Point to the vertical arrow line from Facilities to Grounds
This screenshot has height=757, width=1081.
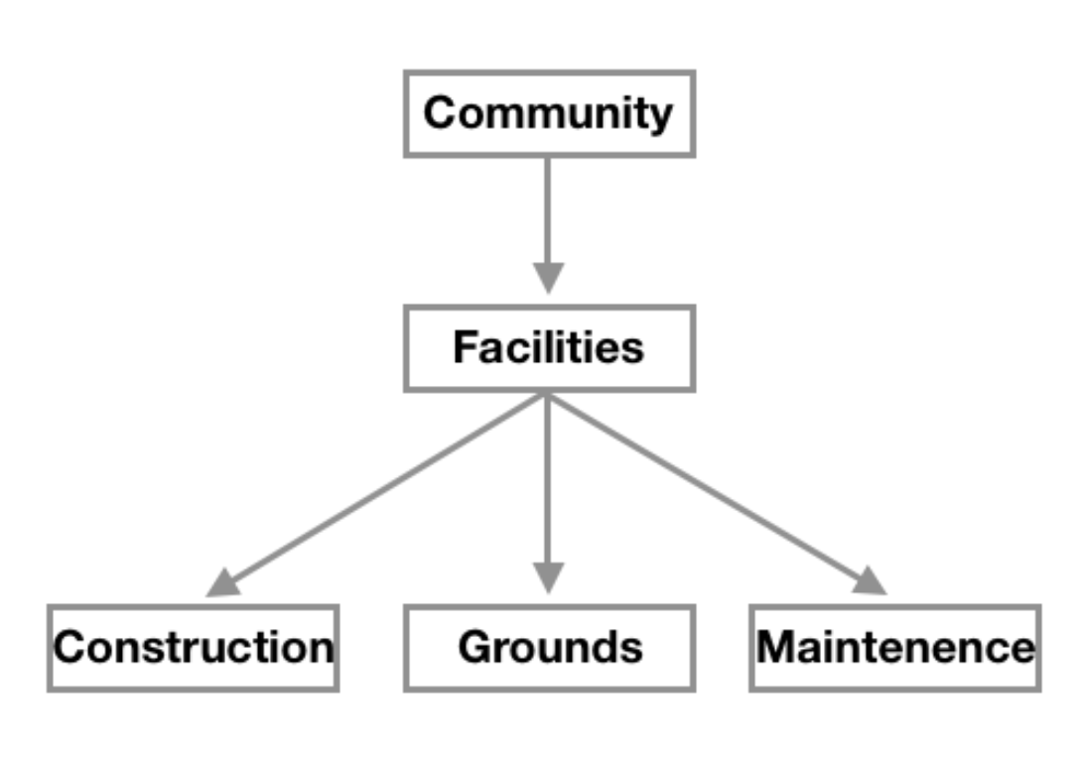coord(548,476)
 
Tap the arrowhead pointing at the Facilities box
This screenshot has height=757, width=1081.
coord(548,277)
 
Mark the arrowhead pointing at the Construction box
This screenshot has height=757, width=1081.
coord(223,583)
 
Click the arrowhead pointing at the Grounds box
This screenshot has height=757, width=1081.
coord(548,576)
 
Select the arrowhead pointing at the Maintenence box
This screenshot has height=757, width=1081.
coord(870,581)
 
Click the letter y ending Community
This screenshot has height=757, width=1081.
coord(659,117)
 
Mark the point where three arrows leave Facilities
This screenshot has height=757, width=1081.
coord(548,395)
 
